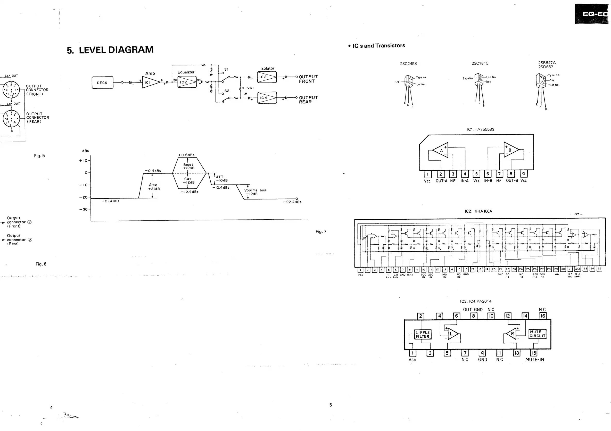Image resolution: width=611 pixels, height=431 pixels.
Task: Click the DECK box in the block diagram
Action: click(102, 83)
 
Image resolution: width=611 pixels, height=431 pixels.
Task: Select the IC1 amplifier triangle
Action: click(150, 82)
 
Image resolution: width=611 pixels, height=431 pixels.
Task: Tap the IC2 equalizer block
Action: click(187, 82)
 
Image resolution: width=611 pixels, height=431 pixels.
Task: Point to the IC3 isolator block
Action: click(267, 77)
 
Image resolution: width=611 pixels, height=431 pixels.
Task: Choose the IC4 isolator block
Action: click(267, 98)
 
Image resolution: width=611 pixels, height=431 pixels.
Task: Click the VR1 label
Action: click(250, 88)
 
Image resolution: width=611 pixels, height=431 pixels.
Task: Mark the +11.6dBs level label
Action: click(186, 155)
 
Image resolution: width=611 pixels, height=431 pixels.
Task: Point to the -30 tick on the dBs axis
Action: click(83, 209)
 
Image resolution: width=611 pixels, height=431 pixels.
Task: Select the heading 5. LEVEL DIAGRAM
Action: click(110, 50)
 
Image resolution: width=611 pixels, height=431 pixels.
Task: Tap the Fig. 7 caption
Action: click(321, 231)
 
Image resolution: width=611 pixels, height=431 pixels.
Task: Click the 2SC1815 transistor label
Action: click(480, 63)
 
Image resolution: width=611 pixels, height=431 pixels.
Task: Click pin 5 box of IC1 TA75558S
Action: click(476, 174)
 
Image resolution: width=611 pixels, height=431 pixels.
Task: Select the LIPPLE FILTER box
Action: click(423, 334)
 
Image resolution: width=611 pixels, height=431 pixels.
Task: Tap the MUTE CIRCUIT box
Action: click(537, 334)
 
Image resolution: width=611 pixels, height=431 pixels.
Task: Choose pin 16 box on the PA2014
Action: click(543, 316)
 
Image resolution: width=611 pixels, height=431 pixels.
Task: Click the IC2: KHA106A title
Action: click(478, 211)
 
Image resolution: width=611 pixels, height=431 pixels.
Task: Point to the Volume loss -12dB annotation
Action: click(255, 192)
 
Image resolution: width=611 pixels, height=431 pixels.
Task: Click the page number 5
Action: click(331, 405)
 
